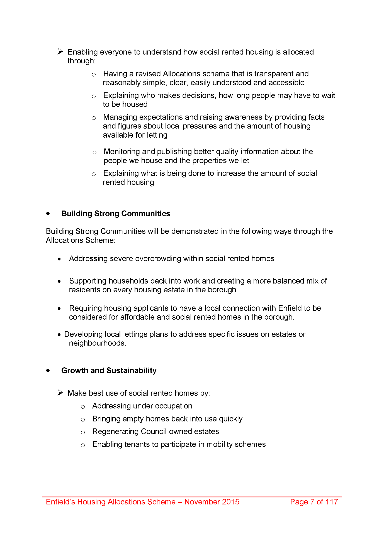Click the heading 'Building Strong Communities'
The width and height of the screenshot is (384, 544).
coord(116,214)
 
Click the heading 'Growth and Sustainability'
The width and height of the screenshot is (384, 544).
coord(109,370)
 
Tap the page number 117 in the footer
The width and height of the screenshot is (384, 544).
coord(332,502)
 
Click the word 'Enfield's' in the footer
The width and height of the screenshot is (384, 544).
coord(60,502)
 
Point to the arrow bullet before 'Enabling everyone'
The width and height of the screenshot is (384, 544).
coord(60,52)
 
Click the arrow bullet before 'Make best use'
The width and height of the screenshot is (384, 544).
coord(60,393)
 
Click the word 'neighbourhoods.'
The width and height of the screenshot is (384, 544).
coord(98,343)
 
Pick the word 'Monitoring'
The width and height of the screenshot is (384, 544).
coord(122,152)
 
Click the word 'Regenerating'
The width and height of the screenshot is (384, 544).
coord(115,432)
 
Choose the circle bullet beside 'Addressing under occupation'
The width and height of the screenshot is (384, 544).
coord(83,407)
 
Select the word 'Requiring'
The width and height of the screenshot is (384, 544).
coord(85,308)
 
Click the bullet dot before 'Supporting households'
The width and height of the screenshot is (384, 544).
coord(59,281)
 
